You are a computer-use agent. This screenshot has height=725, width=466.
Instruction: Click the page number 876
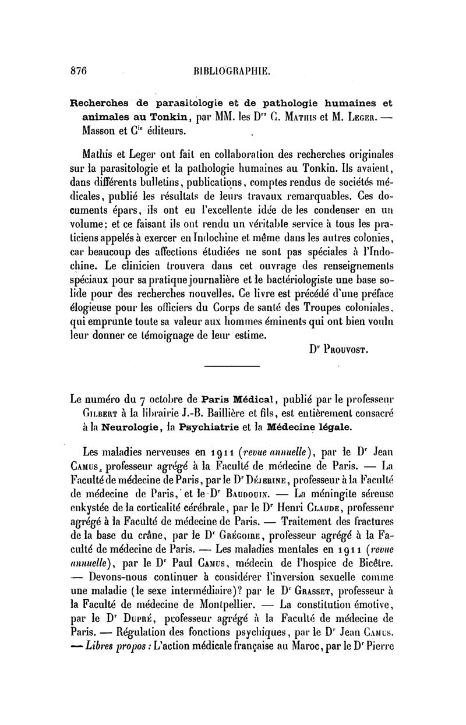(78, 70)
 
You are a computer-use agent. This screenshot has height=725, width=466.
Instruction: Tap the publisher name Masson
(101, 130)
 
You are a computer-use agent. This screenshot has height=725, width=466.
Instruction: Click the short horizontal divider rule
(232, 366)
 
